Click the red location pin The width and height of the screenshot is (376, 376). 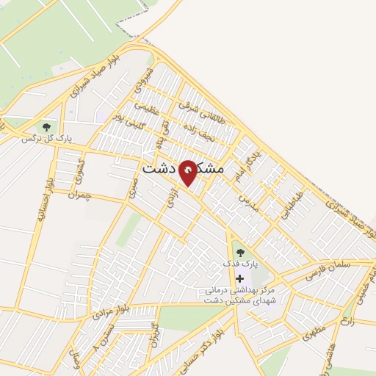click(188, 172)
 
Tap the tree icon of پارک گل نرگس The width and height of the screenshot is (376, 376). click(47, 127)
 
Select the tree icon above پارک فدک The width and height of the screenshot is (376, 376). click(240, 253)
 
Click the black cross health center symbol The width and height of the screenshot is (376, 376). click(240, 278)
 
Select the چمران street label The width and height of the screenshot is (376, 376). click(82, 195)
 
